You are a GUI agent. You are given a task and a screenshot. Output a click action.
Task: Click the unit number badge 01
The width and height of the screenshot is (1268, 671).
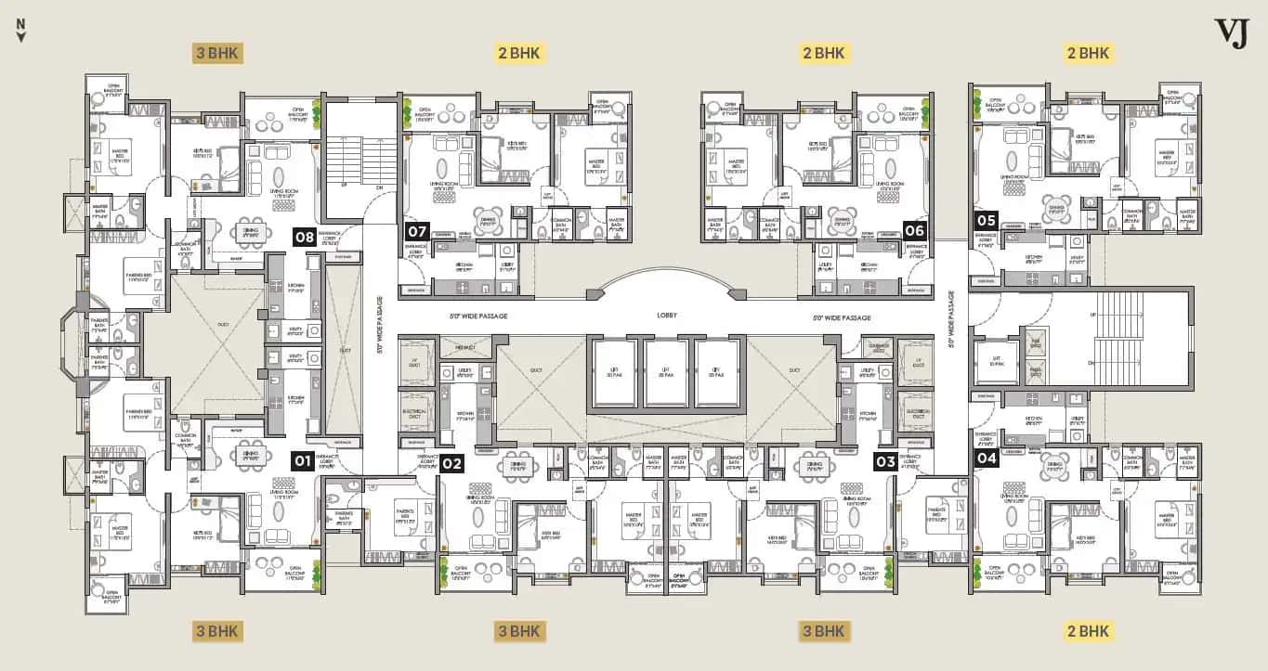pos(303,459)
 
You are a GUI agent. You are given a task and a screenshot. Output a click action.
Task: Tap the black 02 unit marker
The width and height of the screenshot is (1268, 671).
pos(451,463)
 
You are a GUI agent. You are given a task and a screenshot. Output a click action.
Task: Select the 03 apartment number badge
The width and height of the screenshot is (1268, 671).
pos(885,459)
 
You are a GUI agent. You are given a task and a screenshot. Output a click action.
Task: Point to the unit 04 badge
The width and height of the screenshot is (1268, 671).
pos(986,457)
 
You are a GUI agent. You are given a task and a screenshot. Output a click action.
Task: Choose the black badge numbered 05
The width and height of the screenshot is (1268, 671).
pos(986,220)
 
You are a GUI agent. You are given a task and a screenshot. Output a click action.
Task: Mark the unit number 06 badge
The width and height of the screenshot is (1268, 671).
pos(914,229)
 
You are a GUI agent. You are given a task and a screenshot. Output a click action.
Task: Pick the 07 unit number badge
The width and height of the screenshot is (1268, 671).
pos(417,229)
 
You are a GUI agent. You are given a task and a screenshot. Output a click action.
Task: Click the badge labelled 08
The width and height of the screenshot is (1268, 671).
pos(305,237)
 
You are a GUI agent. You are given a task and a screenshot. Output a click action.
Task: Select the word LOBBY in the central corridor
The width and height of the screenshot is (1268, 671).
pos(665,316)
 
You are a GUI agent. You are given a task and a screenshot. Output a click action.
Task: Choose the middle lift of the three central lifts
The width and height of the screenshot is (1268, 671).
pos(665,372)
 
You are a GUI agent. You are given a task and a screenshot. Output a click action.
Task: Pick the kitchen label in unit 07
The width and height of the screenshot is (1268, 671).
pos(464,265)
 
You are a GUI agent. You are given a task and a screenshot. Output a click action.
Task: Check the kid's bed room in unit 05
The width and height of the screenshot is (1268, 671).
pos(1082,148)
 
